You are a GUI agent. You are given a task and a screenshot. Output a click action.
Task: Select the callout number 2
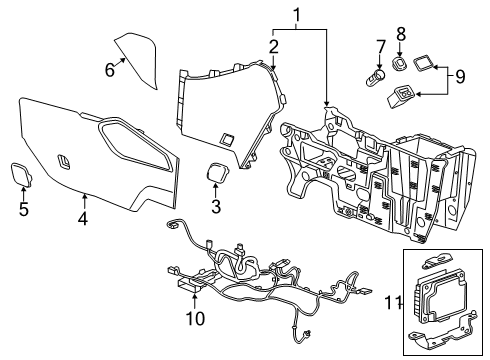[273, 46]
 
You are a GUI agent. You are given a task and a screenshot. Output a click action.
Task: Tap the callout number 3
[215, 206]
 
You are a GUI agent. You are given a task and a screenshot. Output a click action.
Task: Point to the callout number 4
[83, 216]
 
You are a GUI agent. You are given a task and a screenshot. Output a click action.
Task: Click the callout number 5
[22, 209]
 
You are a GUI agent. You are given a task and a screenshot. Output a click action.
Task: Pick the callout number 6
[111, 67]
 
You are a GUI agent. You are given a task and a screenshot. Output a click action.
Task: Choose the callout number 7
[380, 47]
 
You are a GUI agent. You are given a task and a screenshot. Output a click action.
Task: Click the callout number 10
[196, 317]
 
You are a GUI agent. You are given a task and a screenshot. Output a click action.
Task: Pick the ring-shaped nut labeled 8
[400, 64]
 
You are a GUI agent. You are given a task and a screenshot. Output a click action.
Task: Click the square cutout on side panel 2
[227, 137]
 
